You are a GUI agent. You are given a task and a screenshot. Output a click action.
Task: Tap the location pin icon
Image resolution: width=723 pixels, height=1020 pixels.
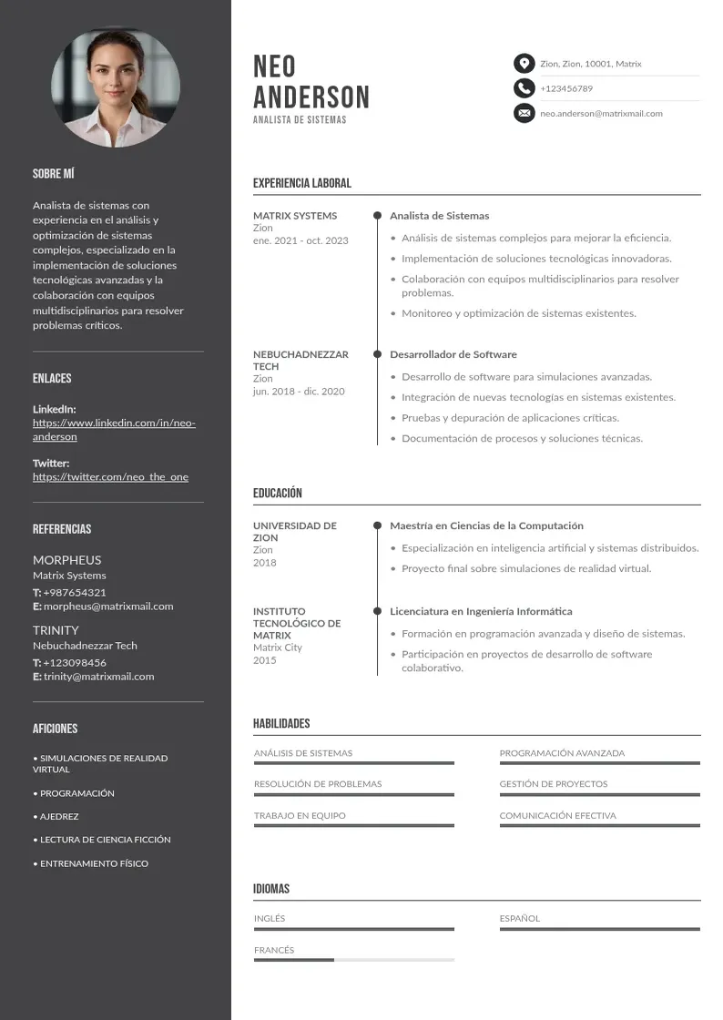click(524, 64)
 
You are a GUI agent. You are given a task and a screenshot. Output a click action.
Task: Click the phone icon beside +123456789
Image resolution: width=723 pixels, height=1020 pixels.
click(524, 88)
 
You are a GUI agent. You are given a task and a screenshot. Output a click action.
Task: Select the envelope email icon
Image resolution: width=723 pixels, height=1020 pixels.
click(524, 113)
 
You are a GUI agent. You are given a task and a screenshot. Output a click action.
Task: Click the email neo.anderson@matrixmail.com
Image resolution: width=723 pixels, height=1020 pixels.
click(601, 114)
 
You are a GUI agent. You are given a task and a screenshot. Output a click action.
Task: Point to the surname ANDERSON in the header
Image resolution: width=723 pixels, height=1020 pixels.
click(311, 97)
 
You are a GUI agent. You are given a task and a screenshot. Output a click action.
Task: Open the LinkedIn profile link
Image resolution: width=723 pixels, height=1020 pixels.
click(114, 430)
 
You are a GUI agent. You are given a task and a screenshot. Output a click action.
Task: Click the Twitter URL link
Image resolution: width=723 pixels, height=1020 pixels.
click(110, 477)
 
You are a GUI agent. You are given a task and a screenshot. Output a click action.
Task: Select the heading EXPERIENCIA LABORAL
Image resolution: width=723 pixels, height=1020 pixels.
click(301, 183)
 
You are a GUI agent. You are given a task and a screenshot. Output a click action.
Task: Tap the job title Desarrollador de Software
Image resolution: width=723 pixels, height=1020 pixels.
click(453, 354)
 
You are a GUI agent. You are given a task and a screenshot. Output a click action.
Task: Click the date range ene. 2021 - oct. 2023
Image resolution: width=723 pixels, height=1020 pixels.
click(300, 240)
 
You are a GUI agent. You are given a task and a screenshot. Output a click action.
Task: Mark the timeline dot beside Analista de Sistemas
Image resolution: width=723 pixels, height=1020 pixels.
click(377, 216)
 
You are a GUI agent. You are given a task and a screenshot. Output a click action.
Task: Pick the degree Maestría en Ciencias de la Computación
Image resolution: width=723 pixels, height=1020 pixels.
click(486, 525)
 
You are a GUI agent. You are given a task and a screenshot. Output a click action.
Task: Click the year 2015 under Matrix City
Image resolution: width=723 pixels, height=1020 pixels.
click(264, 659)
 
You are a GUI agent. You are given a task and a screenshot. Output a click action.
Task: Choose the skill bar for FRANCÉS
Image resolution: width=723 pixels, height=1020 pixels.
click(353, 960)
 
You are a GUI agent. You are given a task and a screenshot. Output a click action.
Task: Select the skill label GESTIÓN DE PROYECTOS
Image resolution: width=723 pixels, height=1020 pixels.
click(553, 784)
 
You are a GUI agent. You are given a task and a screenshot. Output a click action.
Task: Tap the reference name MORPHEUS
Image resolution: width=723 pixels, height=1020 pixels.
click(66, 560)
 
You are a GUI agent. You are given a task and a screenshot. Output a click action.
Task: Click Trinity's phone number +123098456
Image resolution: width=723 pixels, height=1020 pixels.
click(74, 662)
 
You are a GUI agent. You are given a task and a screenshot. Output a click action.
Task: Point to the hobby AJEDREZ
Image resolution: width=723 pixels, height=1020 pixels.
click(59, 817)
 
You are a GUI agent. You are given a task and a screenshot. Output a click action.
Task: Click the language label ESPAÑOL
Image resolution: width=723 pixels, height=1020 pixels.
click(519, 919)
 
